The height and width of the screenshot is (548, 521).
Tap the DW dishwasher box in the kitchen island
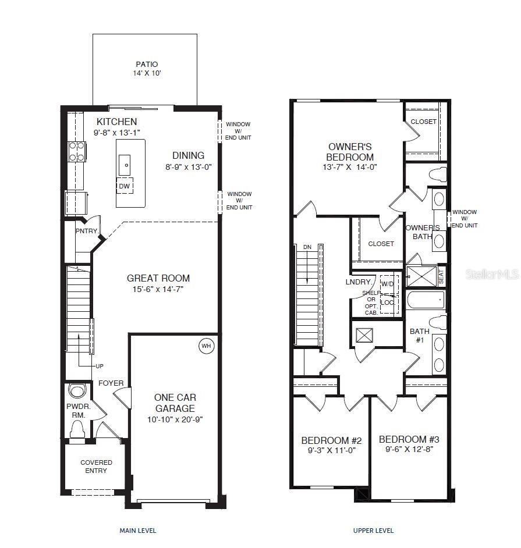pyautogui.click(x=125, y=186)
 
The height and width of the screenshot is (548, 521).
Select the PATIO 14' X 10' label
pyautogui.click(x=147, y=69)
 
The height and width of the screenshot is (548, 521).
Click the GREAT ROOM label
pyautogui.click(x=158, y=279)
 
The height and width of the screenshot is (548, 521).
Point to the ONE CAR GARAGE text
pyautogui.click(x=175, y=403)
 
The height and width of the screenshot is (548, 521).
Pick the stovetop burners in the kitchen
pyautogui.click(x=77, y=151)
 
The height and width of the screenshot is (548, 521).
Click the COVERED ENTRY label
pyautogui.click(x=96, y=467)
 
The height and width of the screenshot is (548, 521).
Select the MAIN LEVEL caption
pyautogui.click(x=137, y=531)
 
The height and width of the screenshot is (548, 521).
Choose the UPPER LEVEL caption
pyautogui.click(x=373, y=531)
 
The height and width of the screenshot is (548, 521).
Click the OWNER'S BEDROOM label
pyautogui.click(x=350, y=152)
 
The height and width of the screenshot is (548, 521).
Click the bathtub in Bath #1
pyautogui.click(x=425, y=301)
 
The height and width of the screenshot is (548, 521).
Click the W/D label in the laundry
pyautogui.click(x=388, y=284)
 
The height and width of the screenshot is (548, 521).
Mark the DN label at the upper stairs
pyautogui.click(x=307, y=247)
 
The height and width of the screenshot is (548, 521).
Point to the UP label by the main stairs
pyautogui.click(x=100, y=366)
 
